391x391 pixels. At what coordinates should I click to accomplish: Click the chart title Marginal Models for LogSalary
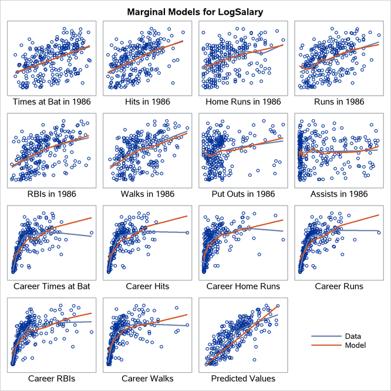pyautogui.click(x=195, y=11)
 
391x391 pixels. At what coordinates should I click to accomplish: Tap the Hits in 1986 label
pyautogui.click(x=147, y=102)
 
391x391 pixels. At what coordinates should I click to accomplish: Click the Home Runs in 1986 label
pyautogui.click(x=243, y=102)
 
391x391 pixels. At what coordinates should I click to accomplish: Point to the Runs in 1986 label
pyautogui.click(x=339, y=102)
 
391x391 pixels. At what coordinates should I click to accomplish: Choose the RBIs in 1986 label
pyautogui.click(x=52, y=194)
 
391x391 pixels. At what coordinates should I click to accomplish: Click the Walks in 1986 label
pyautogui.click(x=147, y=194)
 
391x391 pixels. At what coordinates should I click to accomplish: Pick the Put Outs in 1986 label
pyautogui.click(x=243, y=194)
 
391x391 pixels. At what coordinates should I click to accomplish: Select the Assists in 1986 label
pyautogui.click(x=339, y=194)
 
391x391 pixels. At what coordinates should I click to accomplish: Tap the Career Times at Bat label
pyautogui.click(x=52, y=286)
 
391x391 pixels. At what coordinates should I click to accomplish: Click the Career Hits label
pyautogui.click(x=147, y=286)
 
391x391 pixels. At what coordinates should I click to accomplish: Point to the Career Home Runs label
pyautogui.click(x=243, y=286)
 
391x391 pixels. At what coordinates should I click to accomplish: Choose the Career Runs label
pyautogui.click(x=339, y=286)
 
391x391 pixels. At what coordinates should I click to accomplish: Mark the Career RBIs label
pyautogui.click(x=52, y=378)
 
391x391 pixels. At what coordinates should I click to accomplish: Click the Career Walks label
pyautogui.click(x=147, y=378)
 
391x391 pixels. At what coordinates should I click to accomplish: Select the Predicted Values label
pyautogui.click(x=243, y=378)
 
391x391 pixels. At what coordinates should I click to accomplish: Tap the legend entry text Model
pyautogui.click(x=356, y=345)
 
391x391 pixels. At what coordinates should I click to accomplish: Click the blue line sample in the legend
pyautogui.click(x=329, y=337)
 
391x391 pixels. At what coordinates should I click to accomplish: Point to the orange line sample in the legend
pyautogui.click(x=329, y=346)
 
